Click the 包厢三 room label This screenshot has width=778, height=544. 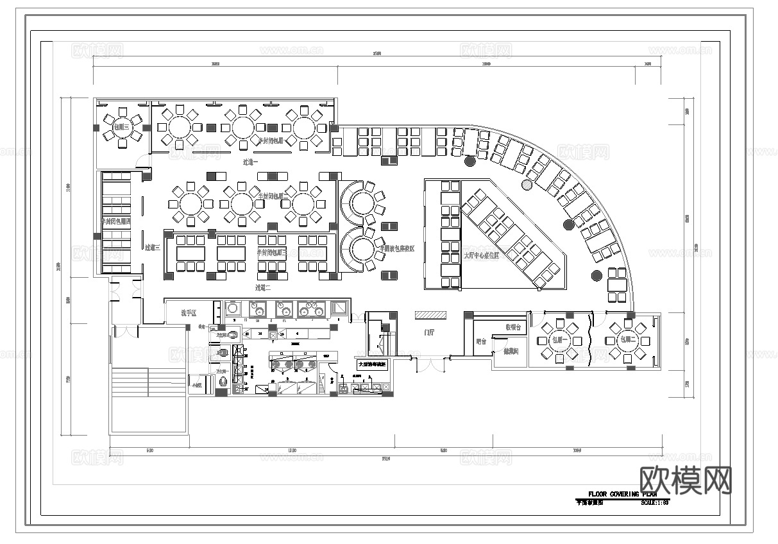click(x=121, y=127)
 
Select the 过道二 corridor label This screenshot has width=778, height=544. click(x=263, y=287)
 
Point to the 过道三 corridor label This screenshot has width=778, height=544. click(x=152, y=247)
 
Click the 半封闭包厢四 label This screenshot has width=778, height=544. click(x=116, y=221)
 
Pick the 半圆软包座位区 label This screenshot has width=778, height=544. click(x=396, y=248)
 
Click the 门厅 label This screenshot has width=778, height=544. click(x=429, y=333)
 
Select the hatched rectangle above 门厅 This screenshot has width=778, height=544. click(x=430, y=315)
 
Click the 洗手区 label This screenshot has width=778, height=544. click(x=188, y=313)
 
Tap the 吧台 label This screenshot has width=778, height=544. click(x=480, y=342)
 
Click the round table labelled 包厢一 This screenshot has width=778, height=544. click(x=560, y=339)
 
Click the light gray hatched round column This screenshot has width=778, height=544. click(x=527, y=185)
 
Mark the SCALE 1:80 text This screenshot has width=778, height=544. click(x=654, y=502)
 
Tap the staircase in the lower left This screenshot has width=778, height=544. click(x=148, y=382)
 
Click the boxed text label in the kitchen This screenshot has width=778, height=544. click(x=372, y=364)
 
